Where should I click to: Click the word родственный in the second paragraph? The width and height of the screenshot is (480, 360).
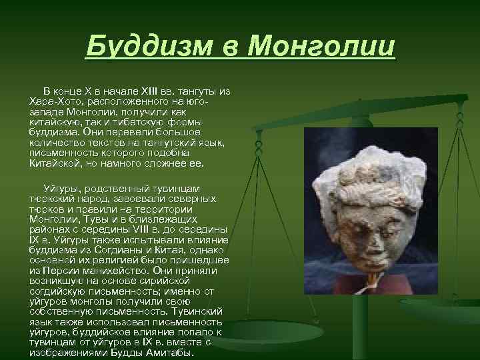[113, 189]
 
